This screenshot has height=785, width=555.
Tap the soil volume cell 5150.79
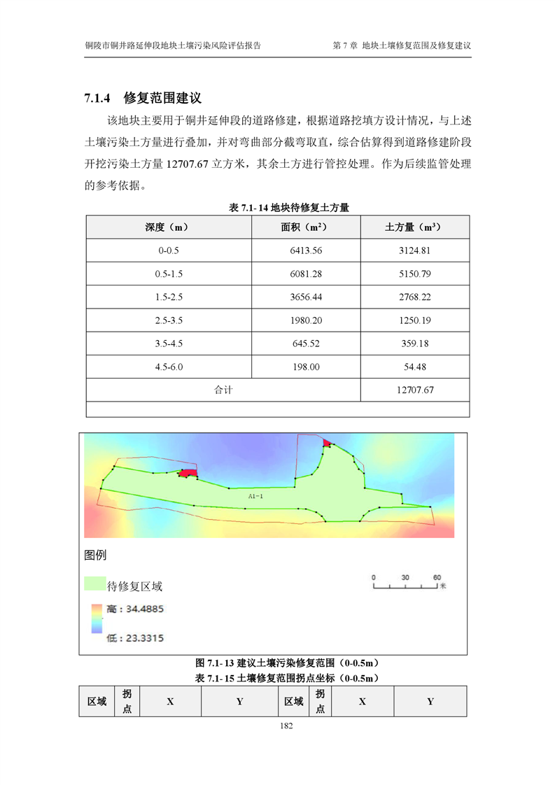(414, 274)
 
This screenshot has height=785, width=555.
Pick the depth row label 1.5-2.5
(169, 297)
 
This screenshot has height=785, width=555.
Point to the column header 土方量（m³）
(414, 227)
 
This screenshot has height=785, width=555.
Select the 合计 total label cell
(223, 390)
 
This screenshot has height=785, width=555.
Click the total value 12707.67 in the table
(414, 390)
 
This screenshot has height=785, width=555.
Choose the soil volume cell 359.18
(414, 344)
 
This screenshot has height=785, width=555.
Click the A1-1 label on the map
(255, 495)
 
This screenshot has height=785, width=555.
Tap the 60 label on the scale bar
(437, 577)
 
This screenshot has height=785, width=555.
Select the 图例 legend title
(95, 556)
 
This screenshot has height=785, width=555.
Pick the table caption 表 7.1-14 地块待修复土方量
(289, 208)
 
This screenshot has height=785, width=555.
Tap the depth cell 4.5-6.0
(169, 367)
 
